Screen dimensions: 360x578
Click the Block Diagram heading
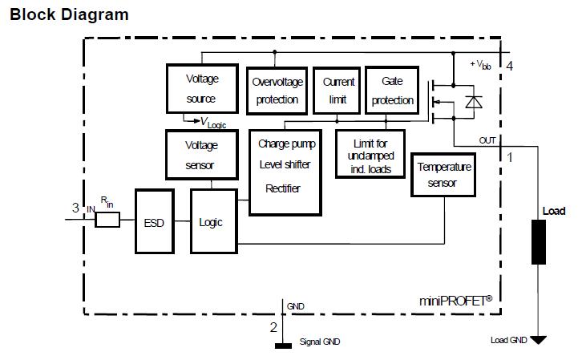pyautogui.click(x=69, y=14)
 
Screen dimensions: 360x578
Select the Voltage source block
pyautogui.click(x=201, y=88)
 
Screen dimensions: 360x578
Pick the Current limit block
pyautogui.click(x=338, y=90)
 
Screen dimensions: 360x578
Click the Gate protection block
pyautogui.click(x=392, y=90)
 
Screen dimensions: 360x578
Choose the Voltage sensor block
pyautogui.click(x=201, y=155)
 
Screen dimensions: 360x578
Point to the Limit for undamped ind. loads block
pyautogui.click(x=370, y=153)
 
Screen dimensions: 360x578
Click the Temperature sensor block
pyautogui.click(x=443, y=175)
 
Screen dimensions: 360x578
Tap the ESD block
pyautogui.click(x=154, y=222)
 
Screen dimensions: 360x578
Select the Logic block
pyautogui.click(x=212, y=222)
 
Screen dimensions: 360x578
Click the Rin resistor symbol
pyautogui.click(x=107, y=218)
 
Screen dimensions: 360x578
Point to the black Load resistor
pyautogui.click(x=538, y=241)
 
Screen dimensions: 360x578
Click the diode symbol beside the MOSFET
pyautogui.click(x=475, y=101)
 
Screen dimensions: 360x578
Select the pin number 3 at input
pyautogui.click(x=75, y=208)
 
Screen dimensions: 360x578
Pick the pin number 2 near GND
pyautogui.click(x=273, y=327)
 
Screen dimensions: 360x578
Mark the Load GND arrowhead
pyautogui.click(x=538, y=340)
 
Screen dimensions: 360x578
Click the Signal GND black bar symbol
pyautogui.click(x=283, y=346)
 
